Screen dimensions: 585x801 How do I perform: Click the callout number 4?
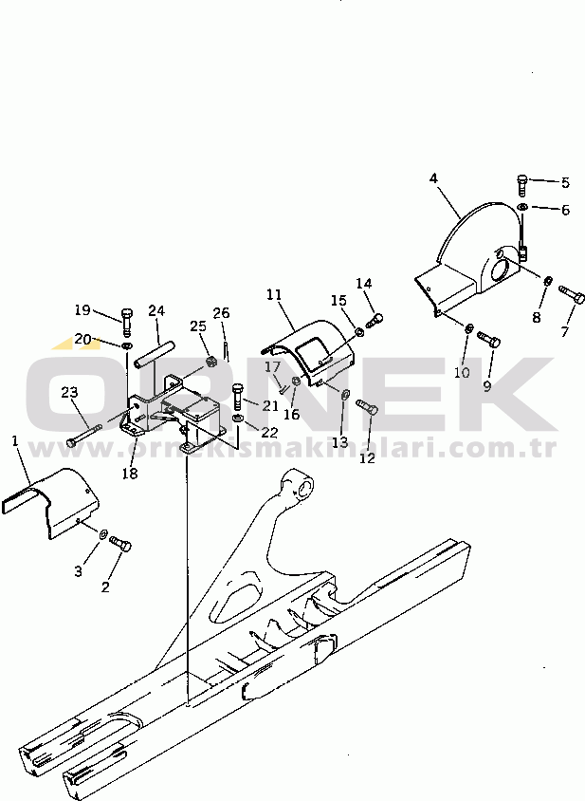tap(433, 178)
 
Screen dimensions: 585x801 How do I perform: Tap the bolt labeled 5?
tap(521, 185)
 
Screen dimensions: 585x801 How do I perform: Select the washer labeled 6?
tap(522, 207)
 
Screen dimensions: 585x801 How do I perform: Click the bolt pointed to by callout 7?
tap(572, 293)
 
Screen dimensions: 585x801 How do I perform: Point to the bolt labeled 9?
tap(489, 338)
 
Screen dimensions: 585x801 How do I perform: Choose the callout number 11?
tap(274, 295)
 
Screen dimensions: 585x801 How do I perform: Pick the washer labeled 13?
tap(344, 393)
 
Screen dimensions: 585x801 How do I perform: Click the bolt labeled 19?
tap(127, 320)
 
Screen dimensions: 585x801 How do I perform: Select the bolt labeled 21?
tap(237, 397)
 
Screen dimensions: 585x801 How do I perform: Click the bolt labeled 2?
tap(121, 546)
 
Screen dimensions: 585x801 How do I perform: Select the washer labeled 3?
tap(102, 534)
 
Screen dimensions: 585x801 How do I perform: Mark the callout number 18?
tap(130, 474)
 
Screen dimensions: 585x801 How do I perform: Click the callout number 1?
tap(15, 440)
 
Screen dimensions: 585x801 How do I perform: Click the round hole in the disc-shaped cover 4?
tap(503, 276)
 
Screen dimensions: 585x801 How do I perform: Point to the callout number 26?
tap(221, 312)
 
